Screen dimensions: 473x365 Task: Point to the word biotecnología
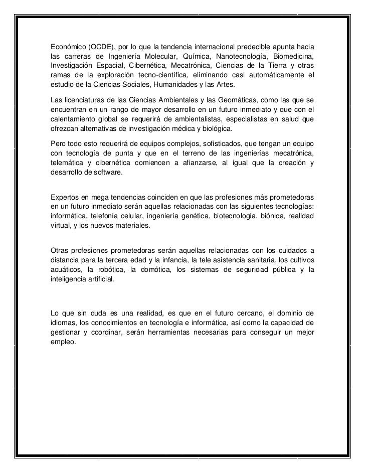tap(239, 217)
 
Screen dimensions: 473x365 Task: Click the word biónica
tap(279, 217)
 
